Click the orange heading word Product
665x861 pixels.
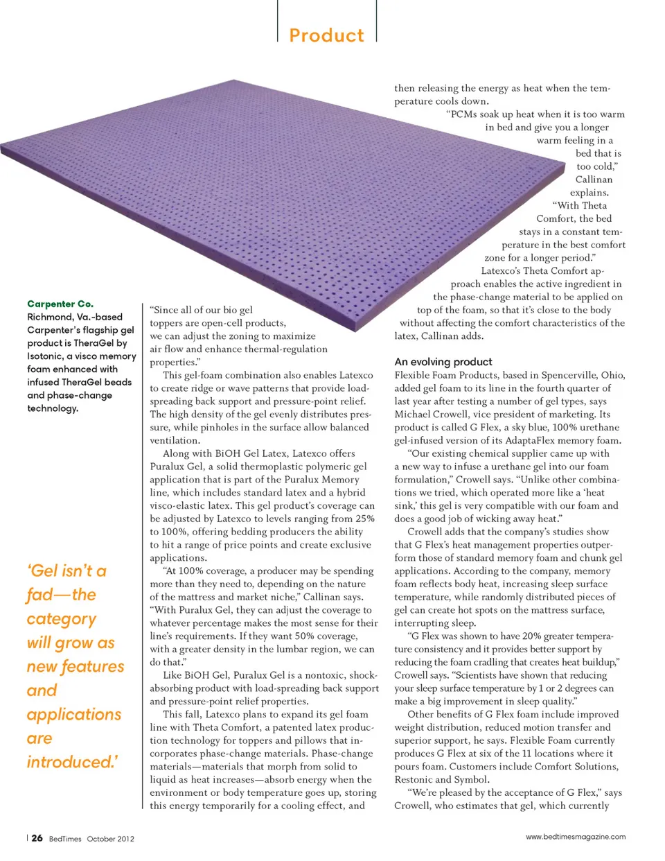coord(326,35)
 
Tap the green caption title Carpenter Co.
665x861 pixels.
coord(60,304)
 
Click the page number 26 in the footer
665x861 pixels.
coord(37,837)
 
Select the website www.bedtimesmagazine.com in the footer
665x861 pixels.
coord(575,837)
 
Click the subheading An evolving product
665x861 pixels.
coord(443,362)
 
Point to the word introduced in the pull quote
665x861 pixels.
coord(71,762)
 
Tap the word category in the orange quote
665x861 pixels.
coord(62,618)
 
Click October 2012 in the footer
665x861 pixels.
coord(111,838)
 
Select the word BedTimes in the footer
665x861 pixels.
coord(65,838)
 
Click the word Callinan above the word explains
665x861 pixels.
coord(594,180)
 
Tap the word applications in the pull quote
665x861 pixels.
coord(74,714)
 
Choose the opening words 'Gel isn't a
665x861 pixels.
coord(66,571)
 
